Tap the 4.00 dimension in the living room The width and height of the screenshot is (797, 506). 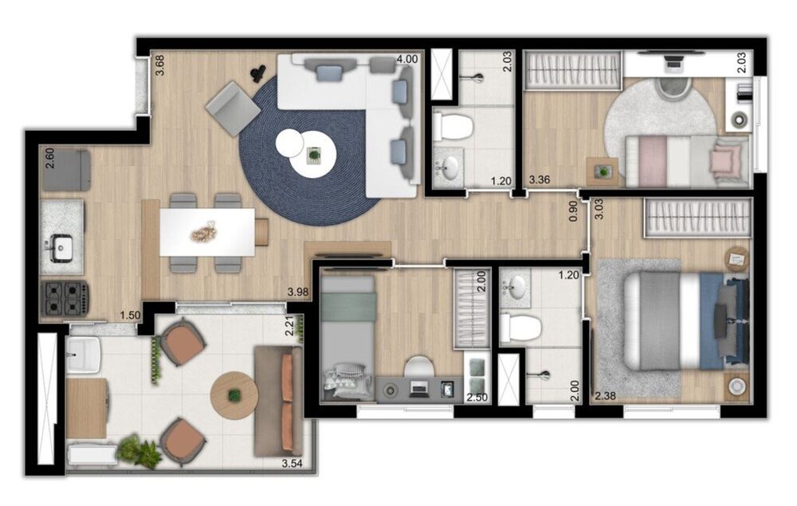(406, 59)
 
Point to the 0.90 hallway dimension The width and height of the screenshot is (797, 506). (572, 210)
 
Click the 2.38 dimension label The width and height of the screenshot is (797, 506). (606, 394)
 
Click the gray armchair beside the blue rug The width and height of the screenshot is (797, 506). (232, 108)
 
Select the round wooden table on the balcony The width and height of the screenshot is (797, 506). (234, 394)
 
